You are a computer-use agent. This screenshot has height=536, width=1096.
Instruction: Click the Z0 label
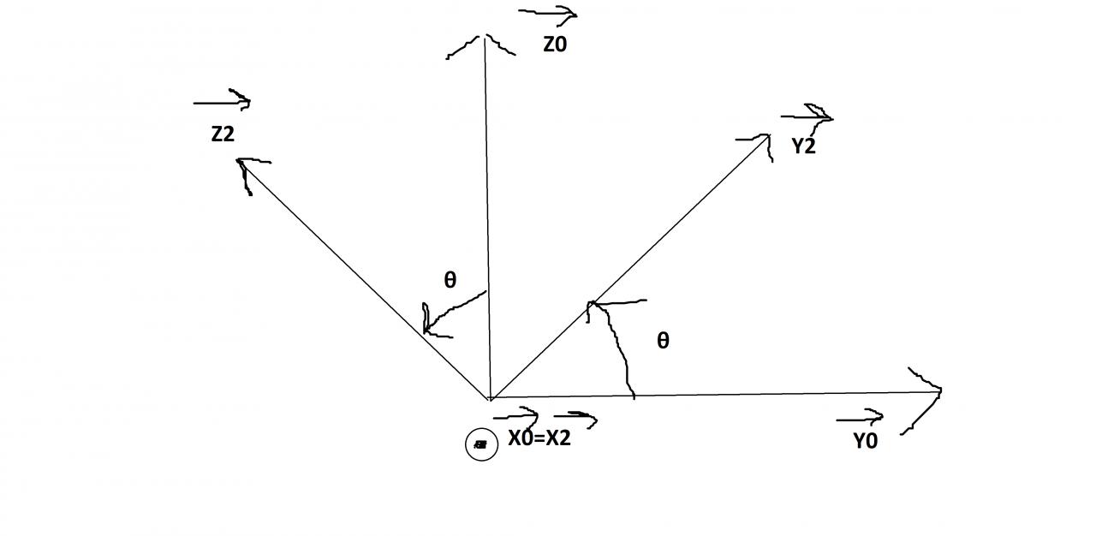pos(555,45)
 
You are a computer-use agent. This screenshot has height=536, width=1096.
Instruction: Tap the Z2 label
pos(223,134)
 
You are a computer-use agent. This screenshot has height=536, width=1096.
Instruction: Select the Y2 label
pos(803,146)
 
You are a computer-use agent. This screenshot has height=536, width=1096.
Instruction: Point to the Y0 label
pos(865,442)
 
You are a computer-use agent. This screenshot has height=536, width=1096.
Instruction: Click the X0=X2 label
pos(539,438)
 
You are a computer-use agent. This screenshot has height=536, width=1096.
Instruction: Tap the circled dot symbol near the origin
pos(481,444)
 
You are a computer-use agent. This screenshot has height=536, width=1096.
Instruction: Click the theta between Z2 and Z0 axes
pos(450,280)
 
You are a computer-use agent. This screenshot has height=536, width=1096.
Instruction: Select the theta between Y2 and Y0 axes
pos(663,341)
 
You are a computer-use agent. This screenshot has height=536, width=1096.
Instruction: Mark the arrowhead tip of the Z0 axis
pos(485,36)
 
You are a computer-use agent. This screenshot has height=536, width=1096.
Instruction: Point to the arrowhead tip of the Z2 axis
pos(239,160)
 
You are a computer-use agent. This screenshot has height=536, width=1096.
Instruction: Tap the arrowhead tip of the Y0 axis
pos(940,391)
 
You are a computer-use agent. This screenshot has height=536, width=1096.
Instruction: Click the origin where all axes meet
pos(490,398)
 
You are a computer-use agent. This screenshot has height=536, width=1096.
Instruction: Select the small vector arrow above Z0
pos(548,14)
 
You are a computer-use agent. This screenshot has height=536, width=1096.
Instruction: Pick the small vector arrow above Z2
pos(222,103)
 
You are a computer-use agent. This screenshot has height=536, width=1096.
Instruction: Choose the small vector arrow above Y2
pos(807,116)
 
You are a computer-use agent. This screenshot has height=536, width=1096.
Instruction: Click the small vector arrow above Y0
pos(860,419)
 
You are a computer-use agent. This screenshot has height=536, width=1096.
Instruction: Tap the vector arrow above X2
pos(575,418)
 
